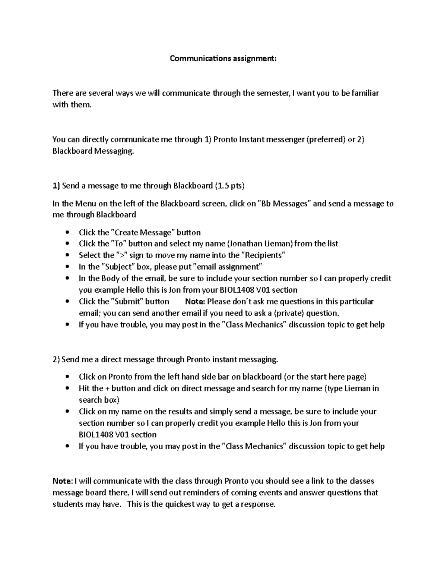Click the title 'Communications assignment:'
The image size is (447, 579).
coord(223,59)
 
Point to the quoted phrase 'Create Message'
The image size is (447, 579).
coord(143,233)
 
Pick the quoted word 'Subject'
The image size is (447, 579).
coord(120,267)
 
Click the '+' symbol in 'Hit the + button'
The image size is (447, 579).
coord(108,388)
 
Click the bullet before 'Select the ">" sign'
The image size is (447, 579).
coord(67,256)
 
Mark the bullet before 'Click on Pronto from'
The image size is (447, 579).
coord(67,377)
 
